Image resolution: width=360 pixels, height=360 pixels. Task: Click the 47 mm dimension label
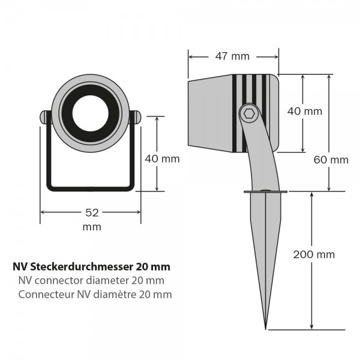(x=232, y=56)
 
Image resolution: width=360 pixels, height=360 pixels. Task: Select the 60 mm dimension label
(x=331, y=160)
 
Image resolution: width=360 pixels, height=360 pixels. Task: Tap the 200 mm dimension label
(x=314, y=254)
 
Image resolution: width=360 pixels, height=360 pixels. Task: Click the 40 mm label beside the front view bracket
(x=162, y=159)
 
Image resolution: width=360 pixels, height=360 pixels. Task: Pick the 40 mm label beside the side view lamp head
(x=305, y=112)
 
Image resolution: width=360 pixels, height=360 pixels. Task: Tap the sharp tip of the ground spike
(x=266, y=328)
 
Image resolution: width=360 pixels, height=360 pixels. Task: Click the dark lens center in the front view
(x=90, y=113)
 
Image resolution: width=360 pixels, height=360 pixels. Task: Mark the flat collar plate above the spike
(x=265, y=192)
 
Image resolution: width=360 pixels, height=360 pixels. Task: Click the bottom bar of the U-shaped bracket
(x=90, y=188)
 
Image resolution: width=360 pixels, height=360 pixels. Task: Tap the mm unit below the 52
(x=92, y=227)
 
